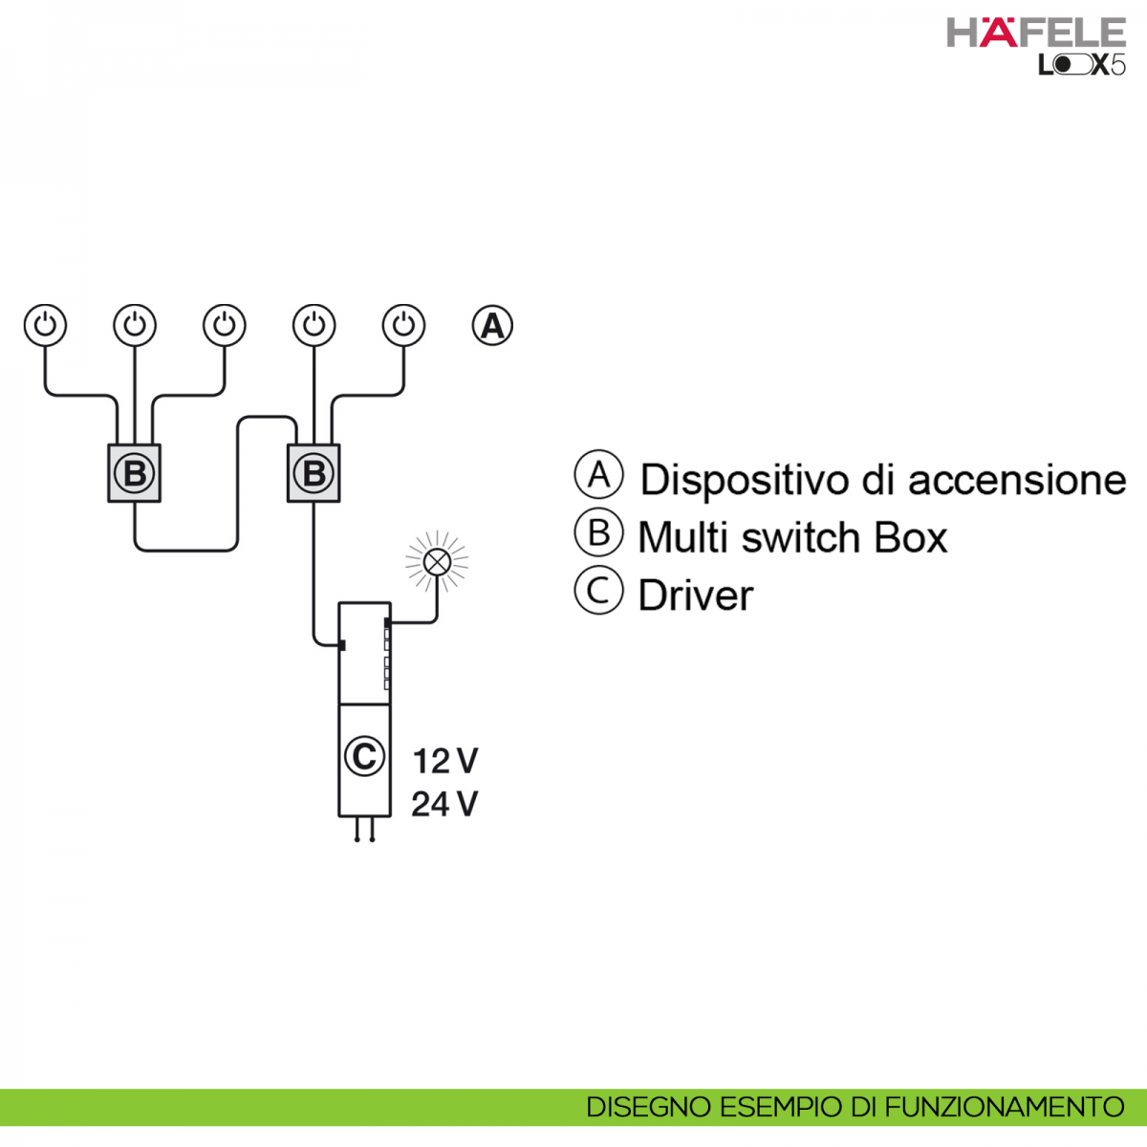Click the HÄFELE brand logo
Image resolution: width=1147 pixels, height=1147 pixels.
pyautogui.click(x=1036, y=32)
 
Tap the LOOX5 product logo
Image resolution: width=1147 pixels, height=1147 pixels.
pyautogui.click(x=1081, y=65)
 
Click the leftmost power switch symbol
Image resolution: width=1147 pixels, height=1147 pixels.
pyautogui.click(x=45, y=326)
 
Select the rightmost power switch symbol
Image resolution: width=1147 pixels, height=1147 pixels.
pyautogui.click(x=403, y=326)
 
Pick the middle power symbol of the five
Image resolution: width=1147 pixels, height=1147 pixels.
pyautogui.click(x=225, y=326)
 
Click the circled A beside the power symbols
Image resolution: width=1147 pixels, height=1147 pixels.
pyautogui.click(x=492, y=326)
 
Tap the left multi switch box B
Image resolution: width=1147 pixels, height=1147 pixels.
pyautogui.click(x=135, y=473)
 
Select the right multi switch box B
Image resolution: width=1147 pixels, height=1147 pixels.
pyautogui.click(x=314, y=473)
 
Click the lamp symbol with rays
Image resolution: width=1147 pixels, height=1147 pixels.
pyautogui.click(x=437, y=561)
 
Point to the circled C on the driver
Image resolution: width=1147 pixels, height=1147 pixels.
pyautogui.click(x=364, y=756)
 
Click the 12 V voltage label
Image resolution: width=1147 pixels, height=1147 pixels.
pyautogui.click(x=445, y=761)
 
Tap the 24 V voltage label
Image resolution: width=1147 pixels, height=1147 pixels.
pyautogui.click(x=444, y=804)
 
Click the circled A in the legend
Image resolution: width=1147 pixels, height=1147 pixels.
pyautogui.click(x=598, y=474)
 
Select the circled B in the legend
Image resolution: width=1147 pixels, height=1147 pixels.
pyautogui.click(x=598, y=531)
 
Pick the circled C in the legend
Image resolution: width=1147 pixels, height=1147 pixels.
pyautogui.click(x=598, y=590)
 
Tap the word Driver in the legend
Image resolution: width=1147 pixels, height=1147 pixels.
pyautogui.click(x=696, y=595)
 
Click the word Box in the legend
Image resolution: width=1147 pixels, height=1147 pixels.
pyautogui.click(x=911, y=537)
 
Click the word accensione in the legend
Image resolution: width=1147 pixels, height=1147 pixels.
pyautogui.click(x=1018, y=481)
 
